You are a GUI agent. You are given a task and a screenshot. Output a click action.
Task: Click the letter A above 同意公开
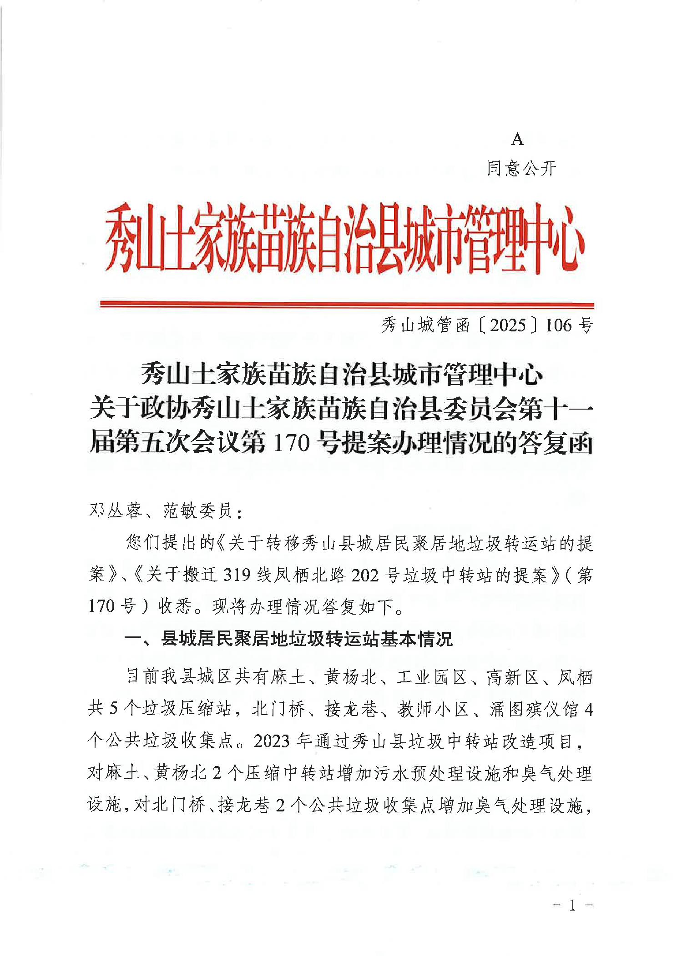tap(517, 140)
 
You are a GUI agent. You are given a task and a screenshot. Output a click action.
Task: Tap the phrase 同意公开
tap(521, 169)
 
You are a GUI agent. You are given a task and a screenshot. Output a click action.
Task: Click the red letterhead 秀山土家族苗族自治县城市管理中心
tap(344, 239)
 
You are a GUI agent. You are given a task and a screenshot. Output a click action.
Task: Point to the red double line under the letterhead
tap(347, 304)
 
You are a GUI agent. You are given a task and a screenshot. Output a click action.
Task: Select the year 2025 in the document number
tap(508, 325)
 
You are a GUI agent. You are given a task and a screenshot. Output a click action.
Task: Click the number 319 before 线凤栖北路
tap(237, 575)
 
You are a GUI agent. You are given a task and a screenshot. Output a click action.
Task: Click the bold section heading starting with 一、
tap(288, 639)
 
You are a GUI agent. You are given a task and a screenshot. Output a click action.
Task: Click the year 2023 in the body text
tap(272, 741)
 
